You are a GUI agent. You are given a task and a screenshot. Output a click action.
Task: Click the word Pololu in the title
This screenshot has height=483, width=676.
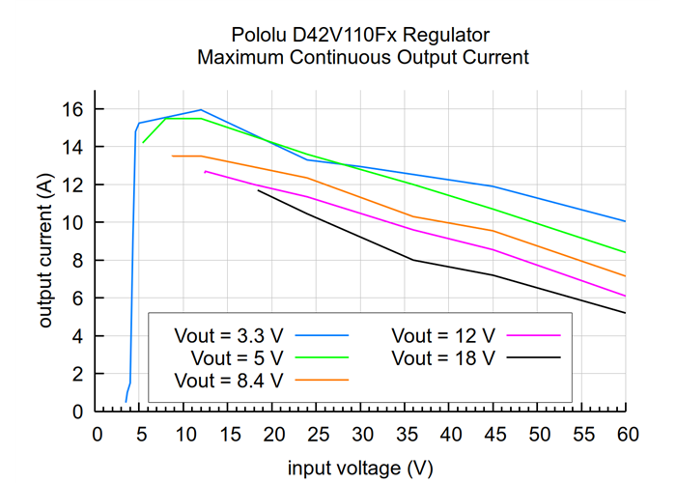(x=261, y=35)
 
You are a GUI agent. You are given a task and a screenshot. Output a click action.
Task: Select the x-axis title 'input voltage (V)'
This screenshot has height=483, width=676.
(x=360, y=469)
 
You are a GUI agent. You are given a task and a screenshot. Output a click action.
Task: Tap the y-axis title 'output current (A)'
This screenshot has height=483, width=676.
(x=45, y=249)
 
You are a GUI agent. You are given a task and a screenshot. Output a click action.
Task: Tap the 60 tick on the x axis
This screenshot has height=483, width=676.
(x=626, y=436)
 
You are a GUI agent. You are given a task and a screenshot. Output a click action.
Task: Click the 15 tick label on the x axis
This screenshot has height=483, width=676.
(x=228, y=436)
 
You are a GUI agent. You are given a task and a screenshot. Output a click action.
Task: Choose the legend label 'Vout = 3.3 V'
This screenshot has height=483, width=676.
(x=229, y=336)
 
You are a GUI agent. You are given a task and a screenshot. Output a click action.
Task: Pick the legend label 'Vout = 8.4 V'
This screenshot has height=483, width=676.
(x=229, y=380)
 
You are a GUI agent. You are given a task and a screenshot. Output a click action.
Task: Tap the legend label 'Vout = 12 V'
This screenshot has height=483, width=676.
(x=442, y=336)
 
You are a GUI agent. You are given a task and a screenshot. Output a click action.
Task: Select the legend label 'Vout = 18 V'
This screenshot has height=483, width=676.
(x=442, y=357)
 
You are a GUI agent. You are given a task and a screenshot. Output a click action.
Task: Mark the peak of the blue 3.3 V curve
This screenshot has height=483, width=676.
(x=201, y=110)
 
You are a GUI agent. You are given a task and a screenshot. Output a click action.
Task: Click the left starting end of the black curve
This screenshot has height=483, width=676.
(x=258, y=190)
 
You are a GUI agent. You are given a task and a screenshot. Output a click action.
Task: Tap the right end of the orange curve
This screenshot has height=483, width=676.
(x=626, y=276)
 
